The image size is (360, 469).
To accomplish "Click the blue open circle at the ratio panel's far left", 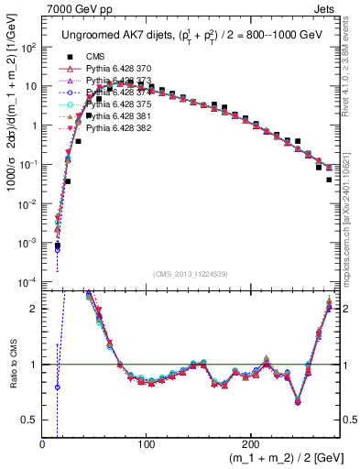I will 57,387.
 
